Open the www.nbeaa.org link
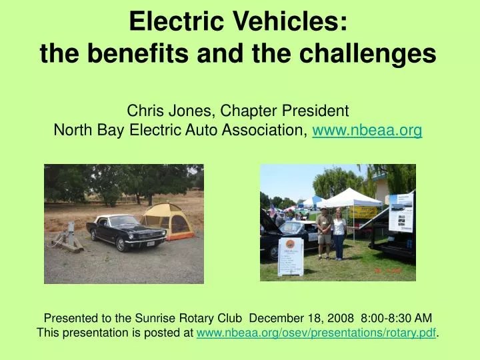(367, 130)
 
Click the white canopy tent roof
(349, 198)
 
